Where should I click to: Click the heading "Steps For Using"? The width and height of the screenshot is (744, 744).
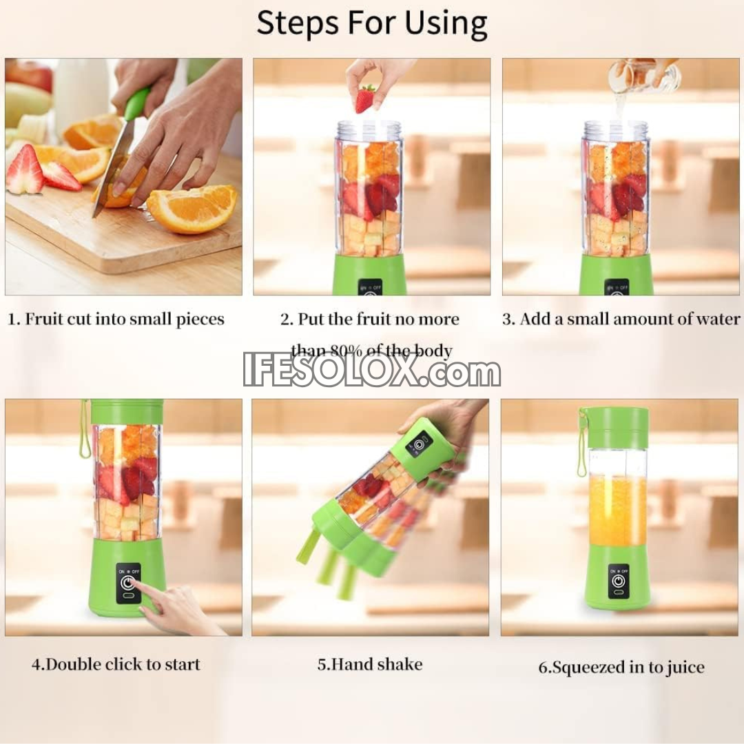[x=372, y=23]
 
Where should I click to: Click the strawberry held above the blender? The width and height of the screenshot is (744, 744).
[x=365, y=99]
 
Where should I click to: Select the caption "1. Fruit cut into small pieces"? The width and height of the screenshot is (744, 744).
[x=116, y=320]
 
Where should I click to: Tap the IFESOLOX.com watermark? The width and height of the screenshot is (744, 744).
[x=372, y=373]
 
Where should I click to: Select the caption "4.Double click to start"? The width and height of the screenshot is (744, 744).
[x=116, y=665]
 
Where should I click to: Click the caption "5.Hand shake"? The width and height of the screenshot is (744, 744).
[x=370, y=665]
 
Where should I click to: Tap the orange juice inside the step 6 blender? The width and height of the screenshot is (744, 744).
[x=617, y=510]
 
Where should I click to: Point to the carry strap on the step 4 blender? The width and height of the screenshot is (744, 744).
[x=84, y=431]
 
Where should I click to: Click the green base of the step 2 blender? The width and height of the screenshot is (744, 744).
[x=369, y=275]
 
